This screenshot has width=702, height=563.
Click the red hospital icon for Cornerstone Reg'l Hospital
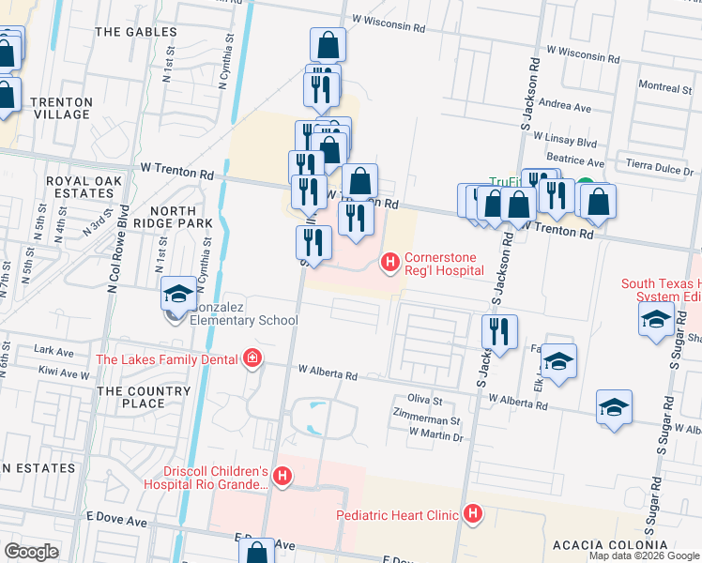390,264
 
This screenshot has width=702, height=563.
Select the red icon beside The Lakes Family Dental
251,358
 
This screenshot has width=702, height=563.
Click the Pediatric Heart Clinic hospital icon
472,514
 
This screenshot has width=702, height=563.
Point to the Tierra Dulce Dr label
659,172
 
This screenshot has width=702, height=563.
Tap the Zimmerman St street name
428,423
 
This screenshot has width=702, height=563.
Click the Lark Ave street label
53,350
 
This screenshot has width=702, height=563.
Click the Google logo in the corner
31,551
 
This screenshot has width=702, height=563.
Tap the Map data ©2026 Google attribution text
644,555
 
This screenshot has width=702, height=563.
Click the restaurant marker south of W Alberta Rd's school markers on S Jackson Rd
499,330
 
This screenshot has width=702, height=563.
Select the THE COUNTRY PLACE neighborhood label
130,397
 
